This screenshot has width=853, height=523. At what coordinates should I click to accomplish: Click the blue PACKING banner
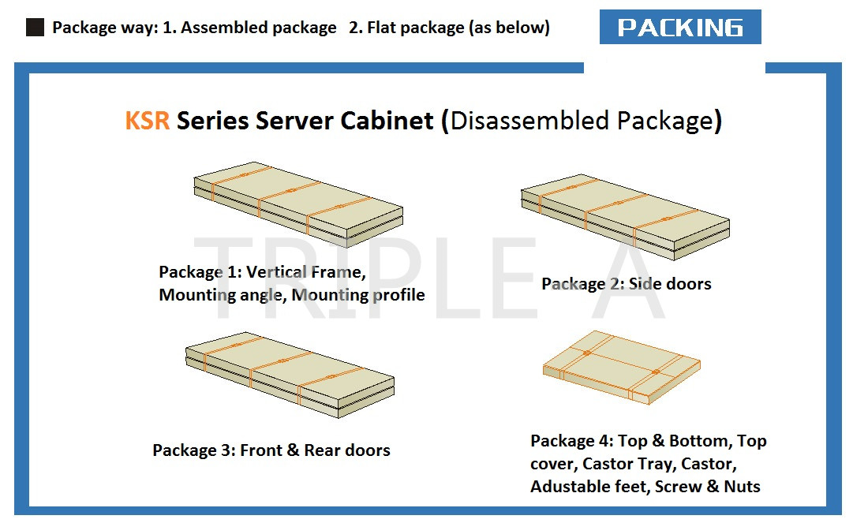pos(680,27)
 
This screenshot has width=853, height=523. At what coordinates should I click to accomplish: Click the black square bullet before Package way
pos(35,28)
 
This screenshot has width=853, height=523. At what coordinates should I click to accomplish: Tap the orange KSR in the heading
pos(148,121)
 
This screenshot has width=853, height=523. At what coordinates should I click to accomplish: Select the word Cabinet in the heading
pos(387,121)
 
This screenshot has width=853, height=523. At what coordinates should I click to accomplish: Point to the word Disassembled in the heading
pos(529,121)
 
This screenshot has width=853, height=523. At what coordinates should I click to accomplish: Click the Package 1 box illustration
pos(298,204)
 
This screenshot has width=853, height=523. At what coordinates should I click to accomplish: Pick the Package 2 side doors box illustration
pos(626,217)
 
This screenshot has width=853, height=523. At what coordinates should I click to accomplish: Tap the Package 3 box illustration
pos(290,375)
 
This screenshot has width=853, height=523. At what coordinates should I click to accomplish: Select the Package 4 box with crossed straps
pos(622,368)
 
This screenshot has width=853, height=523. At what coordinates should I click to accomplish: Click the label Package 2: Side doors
pos(627,284)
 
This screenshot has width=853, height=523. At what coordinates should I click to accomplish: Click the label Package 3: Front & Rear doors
pos(271,450)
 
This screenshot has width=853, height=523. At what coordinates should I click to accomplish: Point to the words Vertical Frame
pos(306,272)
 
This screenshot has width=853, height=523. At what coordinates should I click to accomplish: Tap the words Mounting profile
pos(358,295)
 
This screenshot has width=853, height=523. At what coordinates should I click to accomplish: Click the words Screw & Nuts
pos(708,487)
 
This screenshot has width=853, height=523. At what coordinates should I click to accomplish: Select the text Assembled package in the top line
pos(258,28)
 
